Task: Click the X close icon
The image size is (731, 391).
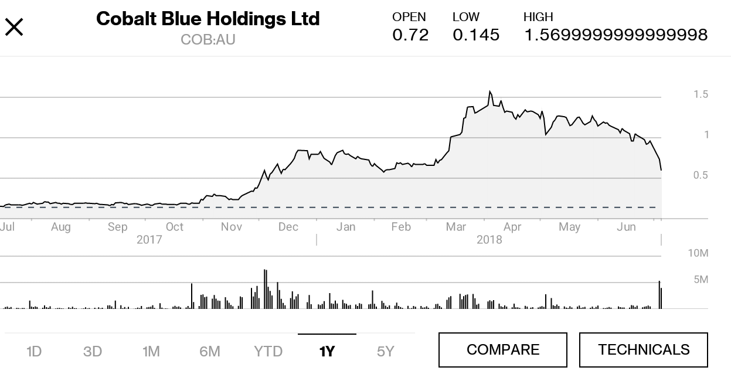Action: click(14, 27)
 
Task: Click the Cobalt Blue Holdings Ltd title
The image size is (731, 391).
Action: click(208, 19)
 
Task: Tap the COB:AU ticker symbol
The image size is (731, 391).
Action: click(208, 40)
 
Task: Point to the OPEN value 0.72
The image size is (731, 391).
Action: click(410, 35)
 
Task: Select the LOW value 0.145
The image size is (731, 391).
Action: click(476, 35)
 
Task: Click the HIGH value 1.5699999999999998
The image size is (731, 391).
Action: click(615, 35)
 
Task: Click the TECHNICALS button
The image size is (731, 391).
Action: click(643, 350)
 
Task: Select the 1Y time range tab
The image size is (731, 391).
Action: click(327, 351)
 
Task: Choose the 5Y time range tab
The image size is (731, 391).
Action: click(385, 351)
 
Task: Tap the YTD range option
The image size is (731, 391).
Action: click(268, 351)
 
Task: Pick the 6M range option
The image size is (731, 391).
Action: click(209, 351)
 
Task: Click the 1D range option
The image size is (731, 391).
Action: click(34, 351)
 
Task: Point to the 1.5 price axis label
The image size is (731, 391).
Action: click(701, 94)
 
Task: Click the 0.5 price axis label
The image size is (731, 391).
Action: click(701, 175)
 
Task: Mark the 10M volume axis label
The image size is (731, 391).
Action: click(698, 253)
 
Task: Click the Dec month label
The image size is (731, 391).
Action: click(288, 227)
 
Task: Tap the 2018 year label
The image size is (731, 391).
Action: click(489, 240)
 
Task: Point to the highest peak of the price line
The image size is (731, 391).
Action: click(489, 92)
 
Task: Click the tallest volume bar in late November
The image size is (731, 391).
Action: click(266, 288)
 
